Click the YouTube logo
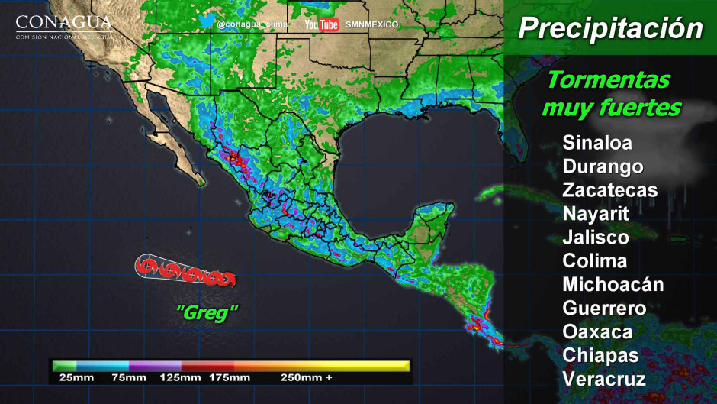(321, 25)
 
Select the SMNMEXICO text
(371, 25)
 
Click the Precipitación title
(610, 29)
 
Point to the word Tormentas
(609, 79)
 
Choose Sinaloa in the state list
(597, 143)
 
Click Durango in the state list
(603, 166)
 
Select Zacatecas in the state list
(609, 190)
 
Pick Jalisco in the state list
(596, 238)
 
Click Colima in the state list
(595, 260)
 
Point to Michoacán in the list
(613, 285)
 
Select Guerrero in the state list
(604, 309)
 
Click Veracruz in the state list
(604, 379)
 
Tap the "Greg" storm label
(207, 312)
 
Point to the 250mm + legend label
(306, 378)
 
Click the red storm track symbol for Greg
(185, 270)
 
